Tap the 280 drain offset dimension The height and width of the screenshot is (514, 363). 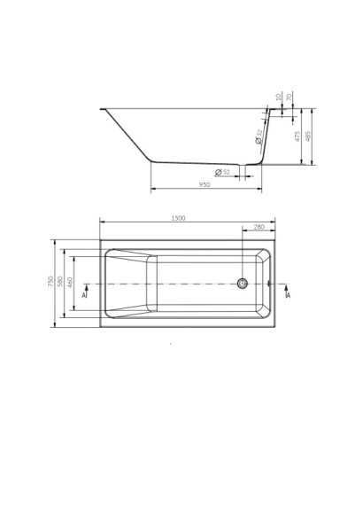[x=259, y=228]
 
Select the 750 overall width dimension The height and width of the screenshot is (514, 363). [x=51, y=282]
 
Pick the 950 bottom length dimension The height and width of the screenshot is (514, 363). [x=205, y=185]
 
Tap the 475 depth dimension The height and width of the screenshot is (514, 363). [x=297, y=137]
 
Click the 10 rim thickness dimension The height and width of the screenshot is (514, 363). [x=277, y=97]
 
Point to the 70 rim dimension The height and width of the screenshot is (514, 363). [x=289, y=97]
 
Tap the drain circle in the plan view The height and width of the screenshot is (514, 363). [x=243, y=284]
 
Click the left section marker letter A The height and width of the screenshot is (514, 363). [x=84, y=294]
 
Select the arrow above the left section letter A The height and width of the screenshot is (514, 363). [x=85, y=286]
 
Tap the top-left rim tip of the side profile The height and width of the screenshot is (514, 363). [x=104, y=109]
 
